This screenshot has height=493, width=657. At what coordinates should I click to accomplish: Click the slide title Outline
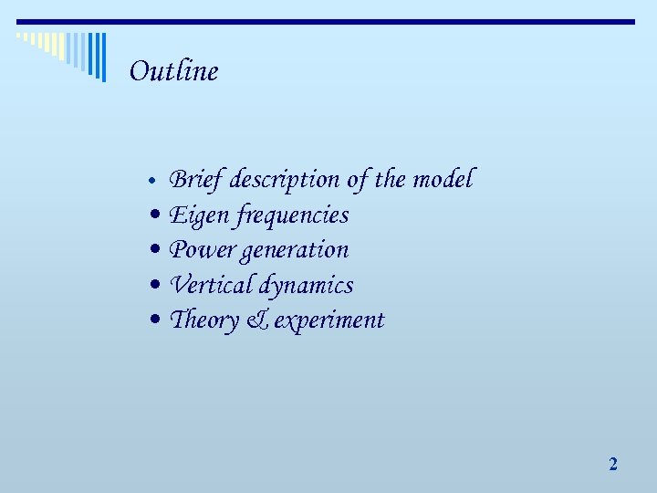(x=173, y=71)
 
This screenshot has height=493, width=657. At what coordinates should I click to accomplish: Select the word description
(x=285, y=180)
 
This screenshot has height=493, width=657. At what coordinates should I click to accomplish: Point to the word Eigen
(x=199, y=215)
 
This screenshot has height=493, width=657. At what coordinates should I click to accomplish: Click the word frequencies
(x=292, y=215)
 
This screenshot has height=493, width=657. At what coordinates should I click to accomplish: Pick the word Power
(x=201, y=249)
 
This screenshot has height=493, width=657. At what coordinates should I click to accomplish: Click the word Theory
(x=203, y=320)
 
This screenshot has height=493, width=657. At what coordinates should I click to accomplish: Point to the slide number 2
(x=613, y=465)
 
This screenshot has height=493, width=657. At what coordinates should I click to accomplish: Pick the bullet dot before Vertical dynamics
(x=157, y=286)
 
